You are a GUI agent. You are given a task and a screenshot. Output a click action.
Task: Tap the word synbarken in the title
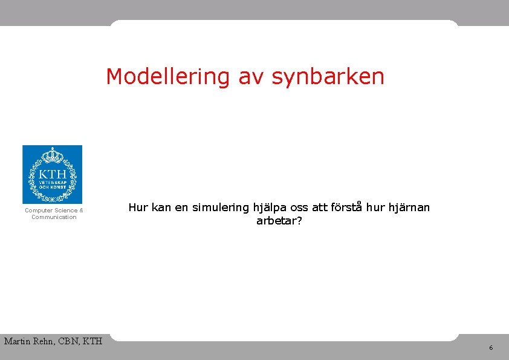point(328,77)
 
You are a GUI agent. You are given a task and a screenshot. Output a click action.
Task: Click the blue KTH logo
point(52,174)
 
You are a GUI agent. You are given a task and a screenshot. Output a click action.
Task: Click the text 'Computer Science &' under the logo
point(54,211)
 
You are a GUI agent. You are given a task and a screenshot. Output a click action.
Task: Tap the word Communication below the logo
point(54,217)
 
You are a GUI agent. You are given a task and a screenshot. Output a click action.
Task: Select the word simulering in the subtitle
point(221,208)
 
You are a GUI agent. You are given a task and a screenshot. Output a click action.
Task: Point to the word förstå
point(348,208)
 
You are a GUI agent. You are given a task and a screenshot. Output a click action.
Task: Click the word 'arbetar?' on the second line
point(279,221)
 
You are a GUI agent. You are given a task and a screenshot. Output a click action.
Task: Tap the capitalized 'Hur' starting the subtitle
point(138,208)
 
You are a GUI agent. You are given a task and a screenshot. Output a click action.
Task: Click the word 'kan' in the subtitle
point(161,208)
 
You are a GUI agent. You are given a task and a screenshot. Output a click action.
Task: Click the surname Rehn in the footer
point(46,341)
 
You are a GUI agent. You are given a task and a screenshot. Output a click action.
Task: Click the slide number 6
point(490,348)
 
